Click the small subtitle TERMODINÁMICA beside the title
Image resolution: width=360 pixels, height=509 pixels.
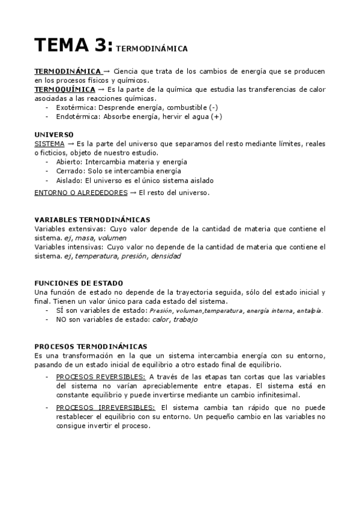pos(152,47)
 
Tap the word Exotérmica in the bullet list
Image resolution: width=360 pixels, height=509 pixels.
pos(71,107)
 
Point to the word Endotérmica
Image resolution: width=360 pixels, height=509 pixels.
pos(74,116)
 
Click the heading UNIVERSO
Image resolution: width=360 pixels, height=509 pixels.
pos(54,134)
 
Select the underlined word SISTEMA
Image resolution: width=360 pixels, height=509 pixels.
pos(48,144)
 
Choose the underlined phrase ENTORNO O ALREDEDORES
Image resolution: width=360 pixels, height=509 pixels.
pos(80,193)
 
